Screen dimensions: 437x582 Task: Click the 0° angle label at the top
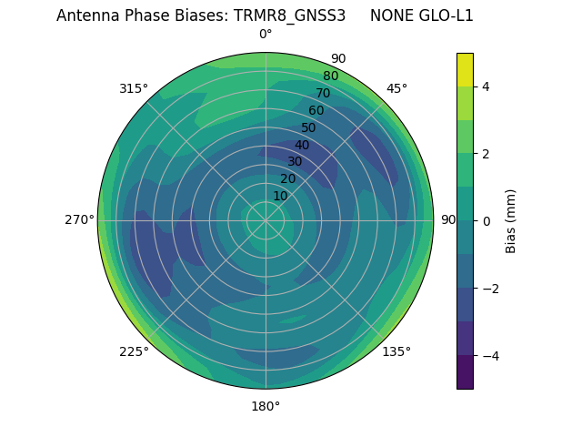pyautogui.click(x=266, y=35)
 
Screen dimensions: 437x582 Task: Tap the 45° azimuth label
pyautogui.click(x=397, y=88)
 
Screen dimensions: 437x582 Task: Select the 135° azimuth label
pyautogui.click(x=396, y=351)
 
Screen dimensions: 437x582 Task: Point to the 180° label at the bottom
pyautogui.click(x=266, y=406)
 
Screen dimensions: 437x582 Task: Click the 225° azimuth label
pyautogui.click(x=134, y=351)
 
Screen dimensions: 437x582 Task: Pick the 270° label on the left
pyautogui.click(x=80, y=219)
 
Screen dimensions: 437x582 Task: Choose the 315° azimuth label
pyautogui.click(x=134, y=88)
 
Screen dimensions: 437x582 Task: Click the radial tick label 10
pyautogui.click(x=279, y=196)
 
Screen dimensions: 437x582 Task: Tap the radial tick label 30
pyautogui.click(x=295, y=162)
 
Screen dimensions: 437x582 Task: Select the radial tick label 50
pyautogui.click(x=308, y=128)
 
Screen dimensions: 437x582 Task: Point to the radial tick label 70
pyautogui.click(x=323, y=93)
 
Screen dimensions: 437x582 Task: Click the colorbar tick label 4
pyautogui.click(x=487, y=86)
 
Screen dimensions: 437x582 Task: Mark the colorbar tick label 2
pyautogui.click(x=487, y=154)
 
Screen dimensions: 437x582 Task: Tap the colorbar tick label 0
pyautogui.click(x=487, y=220)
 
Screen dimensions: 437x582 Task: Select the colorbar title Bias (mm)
pyautogui.click(x=511, y=220)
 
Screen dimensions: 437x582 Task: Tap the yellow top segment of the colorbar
pyautogui.click(x=465, y=69)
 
